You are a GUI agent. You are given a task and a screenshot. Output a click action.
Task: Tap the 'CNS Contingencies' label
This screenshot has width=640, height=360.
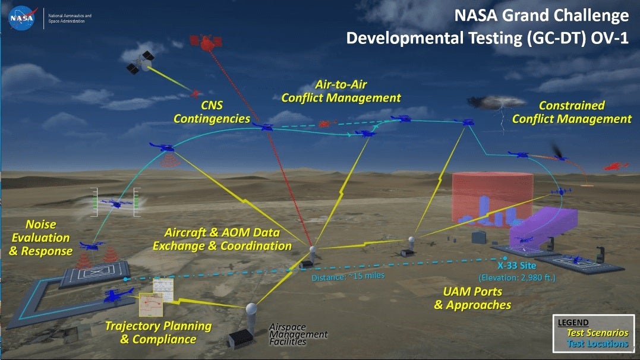pyautogui.click(x=212, y=112)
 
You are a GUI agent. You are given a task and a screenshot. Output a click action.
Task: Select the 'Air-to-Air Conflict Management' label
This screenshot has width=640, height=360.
pyautogui.click(x=341, y=91)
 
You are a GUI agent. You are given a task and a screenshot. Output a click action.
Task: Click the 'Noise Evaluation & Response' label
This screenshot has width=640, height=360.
pyautogui.click(x=40, y=238)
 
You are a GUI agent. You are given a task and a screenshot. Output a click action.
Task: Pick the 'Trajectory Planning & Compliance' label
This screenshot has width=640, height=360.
pyautogui.click(x=158, y=333)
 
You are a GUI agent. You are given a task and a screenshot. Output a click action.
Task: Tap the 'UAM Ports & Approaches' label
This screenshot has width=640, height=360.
pyautogui.click(x=472, y=298)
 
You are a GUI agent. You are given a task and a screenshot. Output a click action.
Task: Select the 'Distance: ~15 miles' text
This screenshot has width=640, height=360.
pyautogui.click(x=348, y=276)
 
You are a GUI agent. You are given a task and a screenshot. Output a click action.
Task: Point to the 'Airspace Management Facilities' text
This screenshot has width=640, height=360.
pyautogui.click(x=298, y=334)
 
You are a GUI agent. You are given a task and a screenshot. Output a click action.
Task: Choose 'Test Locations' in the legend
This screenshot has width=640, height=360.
pyautogui.click(x=597, y=343)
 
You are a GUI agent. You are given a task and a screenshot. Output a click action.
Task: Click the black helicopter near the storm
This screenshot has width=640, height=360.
pyautogui.click(x=561, y=153)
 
